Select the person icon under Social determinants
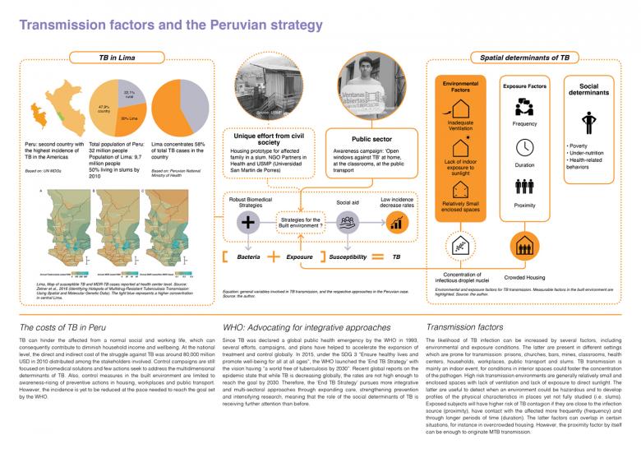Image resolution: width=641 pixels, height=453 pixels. (x=588, y=123)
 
